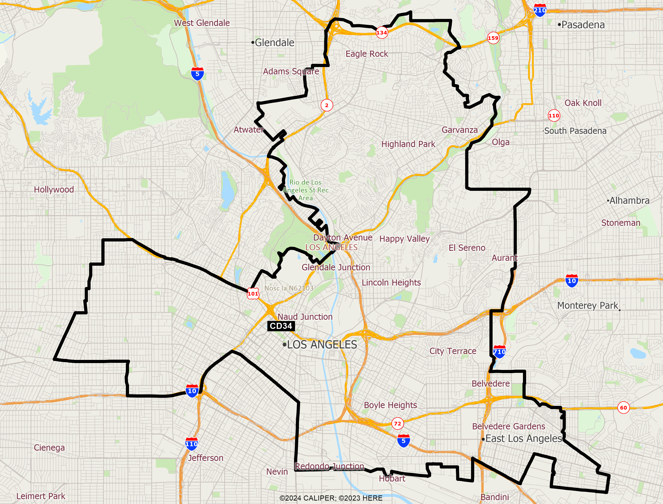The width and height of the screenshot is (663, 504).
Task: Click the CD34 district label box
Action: [x=281, y=326]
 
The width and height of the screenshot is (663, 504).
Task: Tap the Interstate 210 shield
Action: [x=540, y=10]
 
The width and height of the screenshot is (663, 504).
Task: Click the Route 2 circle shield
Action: [x=327, y=105]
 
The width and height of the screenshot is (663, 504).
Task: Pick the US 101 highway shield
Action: [x=253, y=293]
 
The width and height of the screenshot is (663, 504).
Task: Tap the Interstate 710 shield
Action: [x=499, y=352]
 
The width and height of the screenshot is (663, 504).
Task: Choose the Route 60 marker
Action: [x=623, y=408]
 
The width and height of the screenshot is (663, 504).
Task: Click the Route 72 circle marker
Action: [x=397, y=424]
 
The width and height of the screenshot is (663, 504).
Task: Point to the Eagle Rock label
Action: [x=367, y=54]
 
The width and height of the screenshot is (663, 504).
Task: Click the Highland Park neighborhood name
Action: [x=408, y=144]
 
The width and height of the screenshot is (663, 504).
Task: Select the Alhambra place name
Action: [x=629, y=200]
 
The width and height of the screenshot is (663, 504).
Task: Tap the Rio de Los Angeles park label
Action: [x=306, y=190]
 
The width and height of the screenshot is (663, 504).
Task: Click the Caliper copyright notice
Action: [x=331, y=498]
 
